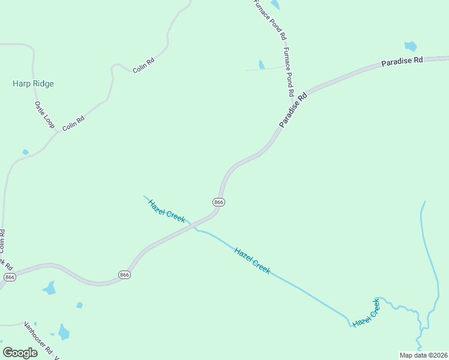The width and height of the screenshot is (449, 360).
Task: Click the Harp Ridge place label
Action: pyautogui.click(x=33, y=84)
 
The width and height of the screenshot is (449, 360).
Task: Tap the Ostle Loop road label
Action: pyautogui.click(x=44, y=115)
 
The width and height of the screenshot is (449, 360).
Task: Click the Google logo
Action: pyautogui.click(x=20, y=353)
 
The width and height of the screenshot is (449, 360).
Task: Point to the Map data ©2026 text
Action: pyautogui.click(x=423, y=355)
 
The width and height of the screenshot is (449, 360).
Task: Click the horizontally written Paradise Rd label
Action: pyautogui.click(x=402, y=61)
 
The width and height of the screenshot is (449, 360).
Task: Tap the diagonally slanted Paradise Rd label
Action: pyautogui.click(x=293, y=110)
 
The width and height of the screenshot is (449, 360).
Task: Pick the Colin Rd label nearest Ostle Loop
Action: pyautogui.click(x=73, y=124)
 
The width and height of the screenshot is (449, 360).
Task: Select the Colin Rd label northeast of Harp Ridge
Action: pyautogui.click(x=144, y=68)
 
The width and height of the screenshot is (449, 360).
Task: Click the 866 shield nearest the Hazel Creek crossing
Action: pyautogui.click(x=218, y=203)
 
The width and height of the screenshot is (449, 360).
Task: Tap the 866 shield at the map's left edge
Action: pyautogui.click(x=9, y=277)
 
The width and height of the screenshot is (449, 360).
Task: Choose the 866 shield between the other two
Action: pyautogui.click(x=124, y=275)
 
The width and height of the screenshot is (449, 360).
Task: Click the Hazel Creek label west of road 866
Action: pyautogui.click(x=166, y=211)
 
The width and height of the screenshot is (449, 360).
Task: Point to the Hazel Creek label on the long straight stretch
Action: pyautogui.click(x=252, y=261)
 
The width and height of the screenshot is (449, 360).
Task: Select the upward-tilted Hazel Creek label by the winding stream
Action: pyautogui.click(x=366, y=313)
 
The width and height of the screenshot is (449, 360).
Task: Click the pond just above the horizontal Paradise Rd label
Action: pyautogui.click(x=411, y=46)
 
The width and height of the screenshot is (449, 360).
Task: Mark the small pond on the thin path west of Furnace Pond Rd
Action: pyautogui.click(x=261, y=64)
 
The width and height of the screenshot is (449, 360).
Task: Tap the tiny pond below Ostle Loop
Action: pyautogui.click(x=25, y=152)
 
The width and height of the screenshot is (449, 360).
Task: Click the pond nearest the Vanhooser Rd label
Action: pyautogui.click(x=64, y=331)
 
